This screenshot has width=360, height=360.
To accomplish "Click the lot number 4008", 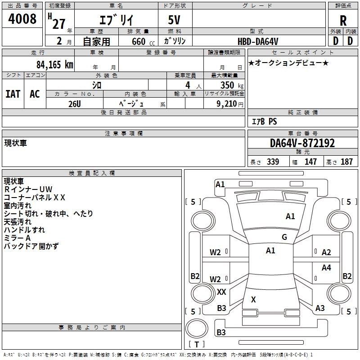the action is click(x=22, y=18).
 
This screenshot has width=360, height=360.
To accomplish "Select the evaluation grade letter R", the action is click(x=343, y=21).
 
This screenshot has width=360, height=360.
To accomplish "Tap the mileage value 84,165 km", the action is click(x=54, y=64).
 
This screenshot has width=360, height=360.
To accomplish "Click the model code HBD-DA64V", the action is click(x=258, y=41).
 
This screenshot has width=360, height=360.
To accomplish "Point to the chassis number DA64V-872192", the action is click(x=302, y=143).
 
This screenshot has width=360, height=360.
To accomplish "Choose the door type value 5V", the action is click(x=174, y=20).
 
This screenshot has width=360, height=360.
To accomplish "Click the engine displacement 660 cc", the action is click(x=143, y=41).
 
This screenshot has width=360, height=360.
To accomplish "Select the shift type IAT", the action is click(x=13, y=94).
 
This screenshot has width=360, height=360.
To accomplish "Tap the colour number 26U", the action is click(x=75, y=104).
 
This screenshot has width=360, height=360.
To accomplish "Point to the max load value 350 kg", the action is click(x=232, y=85).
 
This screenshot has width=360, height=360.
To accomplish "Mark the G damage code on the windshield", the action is click(x=284, y=237).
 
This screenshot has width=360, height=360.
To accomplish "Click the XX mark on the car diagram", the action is click(x=221, y=292).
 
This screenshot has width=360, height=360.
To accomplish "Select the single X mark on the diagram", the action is click(x=253, y=299).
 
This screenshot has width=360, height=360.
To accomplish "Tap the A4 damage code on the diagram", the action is click(x=326, y=267).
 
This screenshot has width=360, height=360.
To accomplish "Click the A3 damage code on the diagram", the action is click(x=320, y=308).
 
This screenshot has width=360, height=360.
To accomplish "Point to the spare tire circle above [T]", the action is click(x=197, y=328).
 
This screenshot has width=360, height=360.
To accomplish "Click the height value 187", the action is click(x=346, y=162).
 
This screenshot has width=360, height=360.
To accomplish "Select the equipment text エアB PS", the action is click(x=264, y=121).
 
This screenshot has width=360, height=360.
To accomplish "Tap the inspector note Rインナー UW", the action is click(x=28, y=189).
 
